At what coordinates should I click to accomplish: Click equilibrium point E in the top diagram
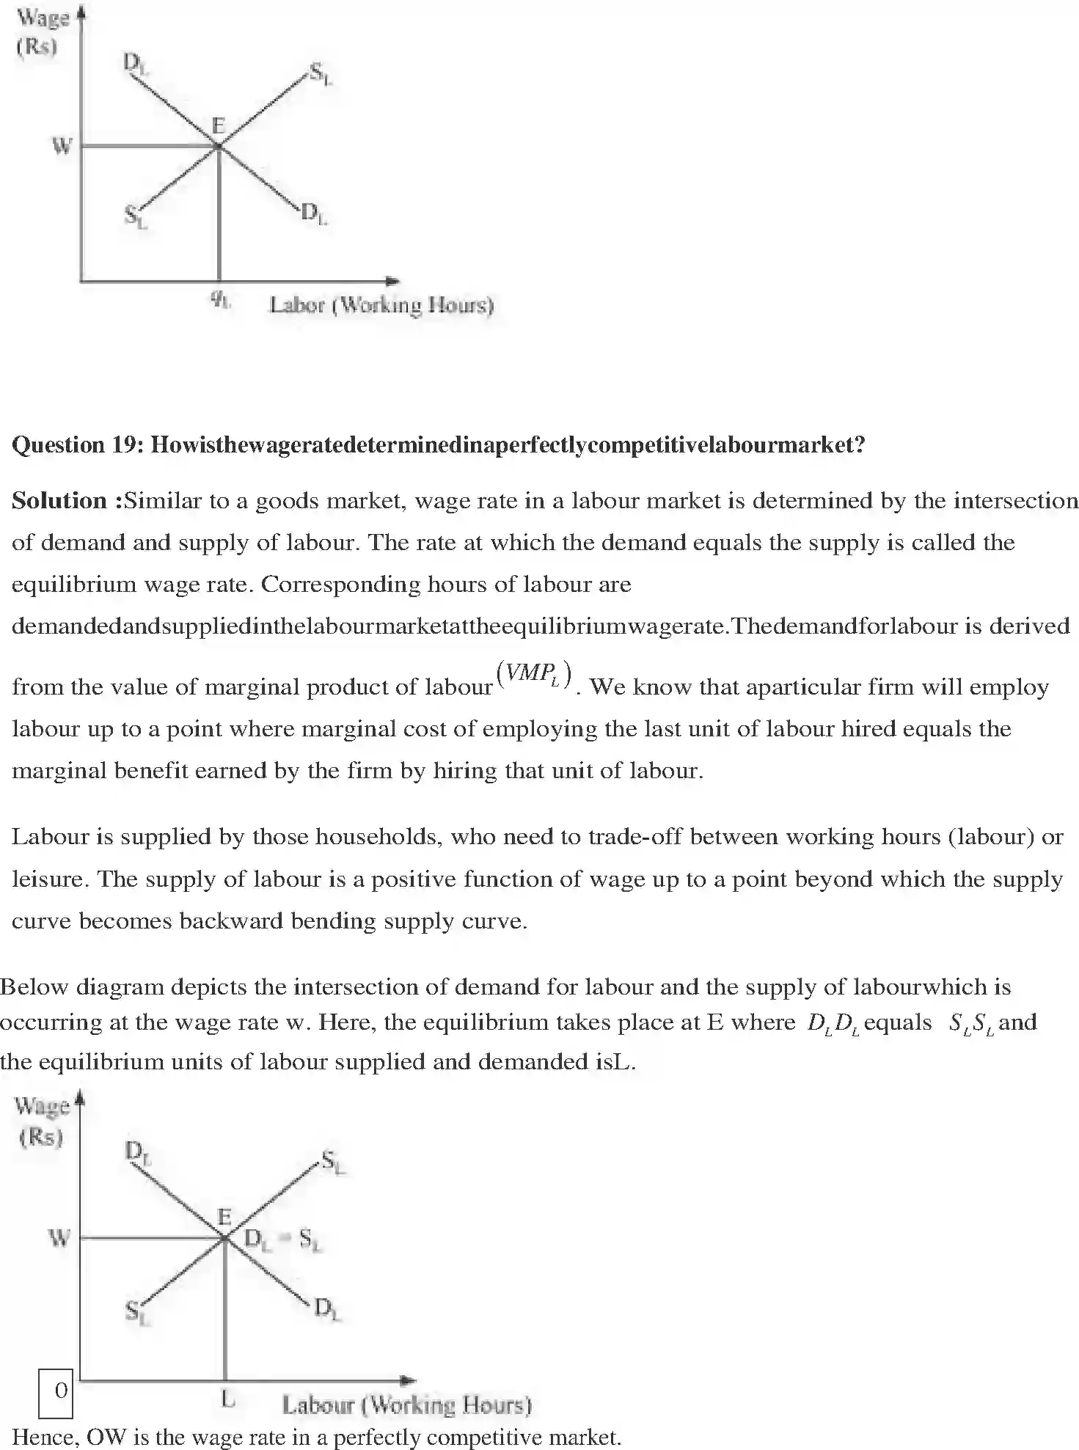coord(218,146)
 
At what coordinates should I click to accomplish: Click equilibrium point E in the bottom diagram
coord(224,1238)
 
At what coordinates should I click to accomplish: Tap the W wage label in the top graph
coord(62,146)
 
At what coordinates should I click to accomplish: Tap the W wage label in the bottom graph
coord(59,1238)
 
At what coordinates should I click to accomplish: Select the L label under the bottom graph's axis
coord(228,1400)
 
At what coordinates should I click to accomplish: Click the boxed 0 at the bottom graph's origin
coord(61,1390)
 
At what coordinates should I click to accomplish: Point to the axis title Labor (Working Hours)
coord(381,304)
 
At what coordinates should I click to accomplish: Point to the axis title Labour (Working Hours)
coord(407,1405)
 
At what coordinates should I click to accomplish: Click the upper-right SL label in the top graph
coord(321,74)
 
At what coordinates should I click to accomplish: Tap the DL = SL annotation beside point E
coord(282,1240)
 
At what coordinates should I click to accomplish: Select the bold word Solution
coord(60,500)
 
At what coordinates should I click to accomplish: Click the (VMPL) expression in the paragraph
coord(534,675)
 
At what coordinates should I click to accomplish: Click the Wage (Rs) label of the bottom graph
coord(42,1121)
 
